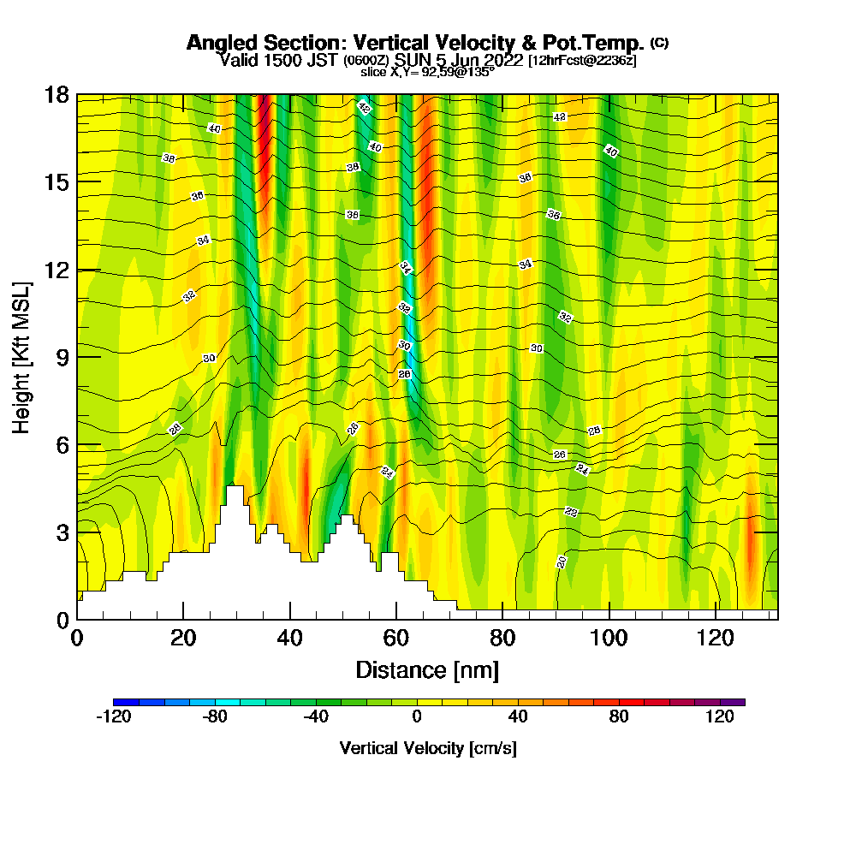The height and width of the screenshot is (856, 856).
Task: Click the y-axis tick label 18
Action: (x=56, y=94)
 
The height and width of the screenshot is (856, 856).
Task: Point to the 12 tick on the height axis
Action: (x=56, y=270)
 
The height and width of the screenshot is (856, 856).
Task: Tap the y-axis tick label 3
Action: (x=63, y=532)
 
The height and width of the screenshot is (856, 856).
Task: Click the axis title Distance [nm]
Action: (x=427, y=669)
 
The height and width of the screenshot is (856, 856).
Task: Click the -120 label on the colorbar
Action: (x=113, y=717)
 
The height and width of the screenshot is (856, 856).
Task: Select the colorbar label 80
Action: (x=619, y=717)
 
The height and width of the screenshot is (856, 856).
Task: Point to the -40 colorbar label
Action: (x=315, y=717)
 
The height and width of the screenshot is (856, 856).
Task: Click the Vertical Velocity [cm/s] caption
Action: (x=428, y=748)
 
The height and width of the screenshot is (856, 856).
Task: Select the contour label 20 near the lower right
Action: (x=562, y=562)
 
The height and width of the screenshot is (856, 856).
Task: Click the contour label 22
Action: (x=572, y=512)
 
